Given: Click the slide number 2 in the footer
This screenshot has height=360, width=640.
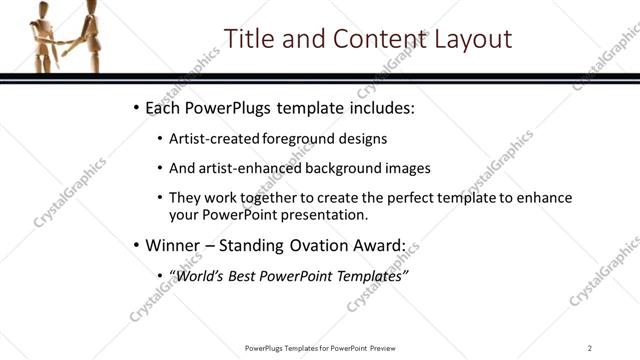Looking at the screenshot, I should pos(590,347).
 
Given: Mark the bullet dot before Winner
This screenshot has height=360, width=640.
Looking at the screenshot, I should pos(136,245).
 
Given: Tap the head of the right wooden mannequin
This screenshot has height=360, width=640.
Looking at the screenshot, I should pos(92,7).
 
